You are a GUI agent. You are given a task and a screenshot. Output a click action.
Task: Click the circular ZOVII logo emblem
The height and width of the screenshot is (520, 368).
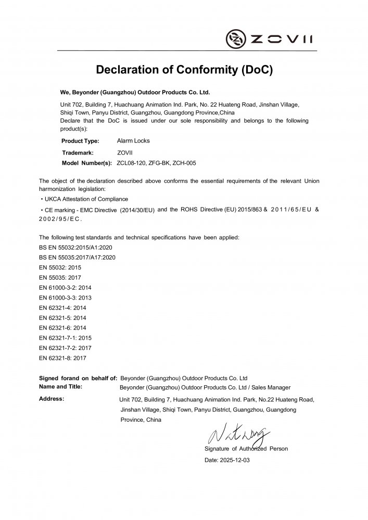coord(235,38)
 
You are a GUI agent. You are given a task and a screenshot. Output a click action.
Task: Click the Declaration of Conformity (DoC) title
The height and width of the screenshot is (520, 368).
coord(184,70)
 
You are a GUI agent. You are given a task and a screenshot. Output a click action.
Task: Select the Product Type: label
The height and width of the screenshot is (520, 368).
coord(80,141)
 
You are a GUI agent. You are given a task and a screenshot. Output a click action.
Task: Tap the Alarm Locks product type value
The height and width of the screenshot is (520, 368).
coord(134,141)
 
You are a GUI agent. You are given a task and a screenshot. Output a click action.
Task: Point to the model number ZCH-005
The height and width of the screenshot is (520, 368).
coord(185,163)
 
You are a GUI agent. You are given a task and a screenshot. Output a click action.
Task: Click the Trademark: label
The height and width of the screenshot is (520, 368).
coord(78,152)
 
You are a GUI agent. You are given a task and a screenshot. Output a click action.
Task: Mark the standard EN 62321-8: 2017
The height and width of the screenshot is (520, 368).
coord(62,358)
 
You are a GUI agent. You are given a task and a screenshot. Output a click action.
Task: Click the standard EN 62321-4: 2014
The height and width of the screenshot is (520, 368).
coord(62,308)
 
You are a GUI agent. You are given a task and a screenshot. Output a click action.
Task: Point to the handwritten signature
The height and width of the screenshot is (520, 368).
coord(238,433)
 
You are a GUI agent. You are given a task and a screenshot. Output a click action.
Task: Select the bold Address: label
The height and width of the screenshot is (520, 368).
coord(52,399)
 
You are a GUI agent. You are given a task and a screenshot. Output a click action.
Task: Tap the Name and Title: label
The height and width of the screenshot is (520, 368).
coord(61,387)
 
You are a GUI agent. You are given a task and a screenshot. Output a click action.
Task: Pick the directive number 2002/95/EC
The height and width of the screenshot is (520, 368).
coord(60,220)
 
